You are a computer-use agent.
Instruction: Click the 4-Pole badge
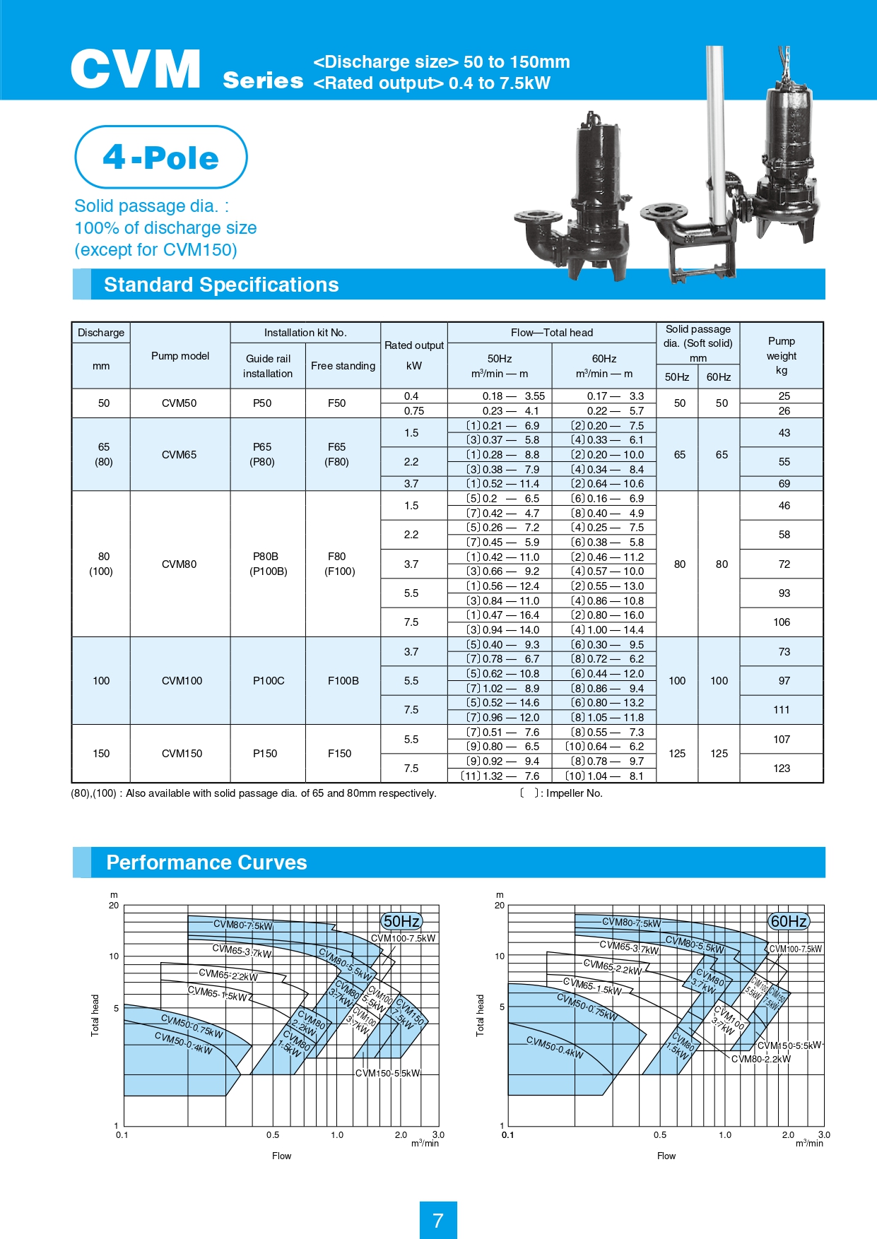pyautogui.click(x=161, y=157)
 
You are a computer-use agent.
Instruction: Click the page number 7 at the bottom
pyautogui.click(x=438, y=1220)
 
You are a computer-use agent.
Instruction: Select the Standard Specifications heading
pyautogui.click(x=221, y=285)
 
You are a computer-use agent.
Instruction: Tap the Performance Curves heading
pyautogui.click(x=206, y=862)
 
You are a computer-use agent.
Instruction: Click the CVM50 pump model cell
pyautogui.click(x=179, y=403)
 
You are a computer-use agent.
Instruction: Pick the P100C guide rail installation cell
pyautogui.click(x=269, y=681)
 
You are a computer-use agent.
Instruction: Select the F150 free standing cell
pyautogui.click(x=339, y=754)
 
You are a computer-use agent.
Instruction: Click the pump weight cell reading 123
pyautogui.click(x=782, y=769)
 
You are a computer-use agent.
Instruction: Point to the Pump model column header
pyautogui.click(x=180, y=356)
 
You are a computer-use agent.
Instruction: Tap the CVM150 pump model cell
pyautogui.click(x=182, y=754)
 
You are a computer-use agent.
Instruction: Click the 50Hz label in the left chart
pyautogui.click(x=401, y=921)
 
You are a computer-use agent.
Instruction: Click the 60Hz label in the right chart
pyautogui.click(x=788, y=921)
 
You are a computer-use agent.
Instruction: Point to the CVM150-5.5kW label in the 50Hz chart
pyautogui.click(x=387, y=1074)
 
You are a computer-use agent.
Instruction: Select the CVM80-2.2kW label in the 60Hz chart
pyautogui.click(x=761, y=1059)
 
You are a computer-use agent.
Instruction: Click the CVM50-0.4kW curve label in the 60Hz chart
pyautogui.click(x=555, y=1048)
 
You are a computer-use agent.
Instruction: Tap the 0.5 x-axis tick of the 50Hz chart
pyautogui.click(x=273, y=1135)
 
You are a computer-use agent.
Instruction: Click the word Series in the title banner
pyautogui.click(x=263, y=81)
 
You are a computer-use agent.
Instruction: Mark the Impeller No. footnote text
pyautogui.click(x=574, y=793)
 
